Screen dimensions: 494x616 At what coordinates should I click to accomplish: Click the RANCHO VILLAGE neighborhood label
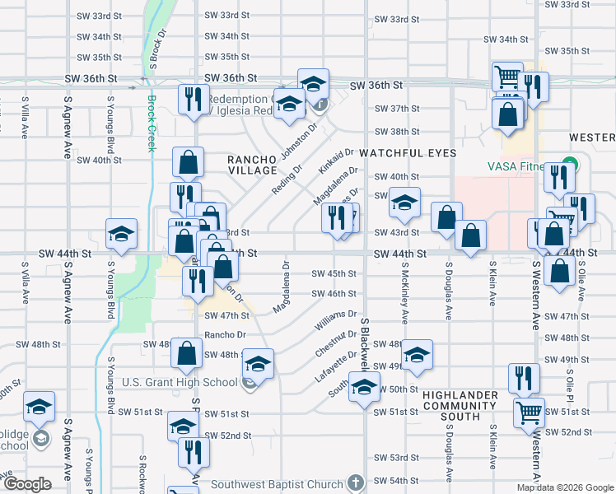point(253,163)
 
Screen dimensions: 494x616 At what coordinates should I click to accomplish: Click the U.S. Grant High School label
point(180,382)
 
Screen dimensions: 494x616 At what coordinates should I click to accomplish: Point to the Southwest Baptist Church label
point(277,484)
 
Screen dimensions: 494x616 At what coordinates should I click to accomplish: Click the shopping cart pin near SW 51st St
point(529,412)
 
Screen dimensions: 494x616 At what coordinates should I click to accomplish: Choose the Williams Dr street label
point(335,320)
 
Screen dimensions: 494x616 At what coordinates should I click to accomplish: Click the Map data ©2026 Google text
point(564,487)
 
